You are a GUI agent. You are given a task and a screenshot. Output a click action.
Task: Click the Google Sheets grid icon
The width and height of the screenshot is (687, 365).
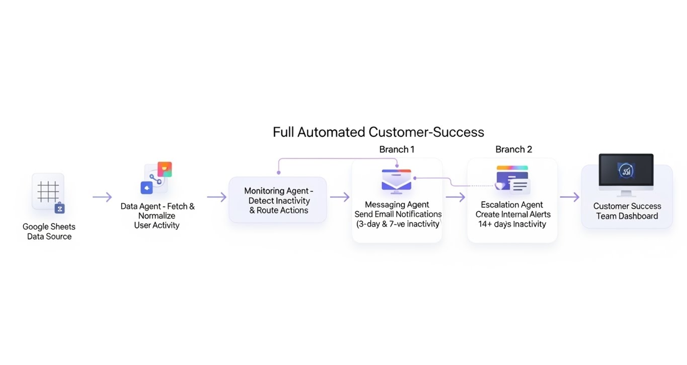click(x=48, y=191)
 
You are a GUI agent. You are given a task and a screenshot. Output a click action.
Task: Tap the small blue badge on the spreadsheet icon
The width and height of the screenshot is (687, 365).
click(x=60, y=208)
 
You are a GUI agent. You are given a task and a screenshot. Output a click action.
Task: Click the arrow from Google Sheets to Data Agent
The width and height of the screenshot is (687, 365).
click(x=102, y=197)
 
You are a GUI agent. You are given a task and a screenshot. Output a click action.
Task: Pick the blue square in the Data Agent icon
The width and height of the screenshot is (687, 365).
click(x=147, y=188)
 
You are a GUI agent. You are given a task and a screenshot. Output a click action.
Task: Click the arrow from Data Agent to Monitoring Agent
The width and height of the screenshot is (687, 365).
click(x=217, y=197)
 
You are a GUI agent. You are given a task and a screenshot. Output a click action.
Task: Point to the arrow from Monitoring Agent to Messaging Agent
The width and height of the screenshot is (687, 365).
click(x=340, y=197)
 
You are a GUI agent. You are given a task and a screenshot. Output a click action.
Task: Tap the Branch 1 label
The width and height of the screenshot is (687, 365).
click(x=397, y=149)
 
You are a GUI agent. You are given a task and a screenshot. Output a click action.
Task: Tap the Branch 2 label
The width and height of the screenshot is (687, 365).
click(x=514, y=149)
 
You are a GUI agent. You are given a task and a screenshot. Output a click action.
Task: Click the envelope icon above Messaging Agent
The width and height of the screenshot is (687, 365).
click(x=396, y=181)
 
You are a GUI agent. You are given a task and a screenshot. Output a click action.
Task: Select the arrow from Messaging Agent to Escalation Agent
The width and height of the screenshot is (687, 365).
click(x=455, y=197)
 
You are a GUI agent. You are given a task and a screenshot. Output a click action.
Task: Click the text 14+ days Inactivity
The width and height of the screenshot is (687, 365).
click(x=512, y=224)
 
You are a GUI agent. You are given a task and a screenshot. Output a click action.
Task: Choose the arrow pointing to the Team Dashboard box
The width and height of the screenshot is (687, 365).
click(x=570, y=197)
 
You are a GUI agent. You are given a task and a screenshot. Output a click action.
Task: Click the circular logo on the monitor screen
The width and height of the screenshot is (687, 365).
click(x=626, y=171)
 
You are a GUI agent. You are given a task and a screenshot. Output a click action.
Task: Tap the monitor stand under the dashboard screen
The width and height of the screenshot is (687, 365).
click(x=626, y=193)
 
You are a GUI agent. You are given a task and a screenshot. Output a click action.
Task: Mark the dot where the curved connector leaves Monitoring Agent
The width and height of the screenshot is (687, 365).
click(x=279, y=173)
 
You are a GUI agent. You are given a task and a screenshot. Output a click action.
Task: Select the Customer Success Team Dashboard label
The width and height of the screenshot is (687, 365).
click(x=627, y=211)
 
